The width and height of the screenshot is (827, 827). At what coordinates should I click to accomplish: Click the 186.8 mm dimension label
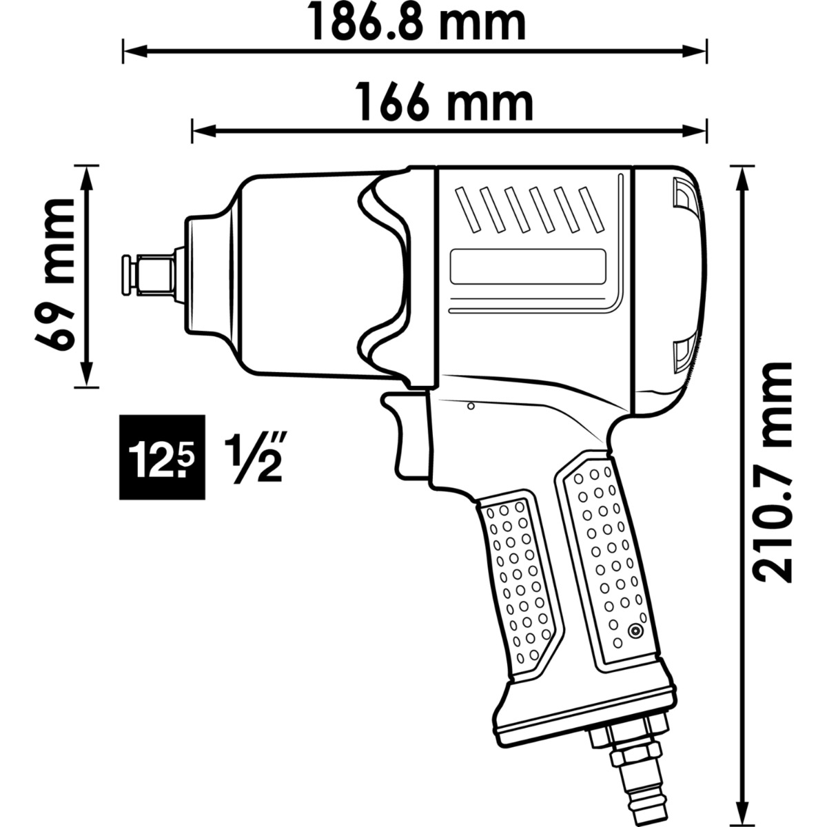(x=416, y=22)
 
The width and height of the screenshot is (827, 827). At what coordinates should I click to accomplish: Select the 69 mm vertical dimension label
(x=55, y=274)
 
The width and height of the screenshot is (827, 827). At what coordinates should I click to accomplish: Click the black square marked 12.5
(x=162, y=458)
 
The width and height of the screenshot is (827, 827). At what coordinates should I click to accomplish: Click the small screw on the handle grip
(x=635, y=630)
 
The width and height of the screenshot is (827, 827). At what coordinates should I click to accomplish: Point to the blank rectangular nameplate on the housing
(x=527, y=265)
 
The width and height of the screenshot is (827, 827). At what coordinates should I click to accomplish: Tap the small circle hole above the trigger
(x=471, y=407)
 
